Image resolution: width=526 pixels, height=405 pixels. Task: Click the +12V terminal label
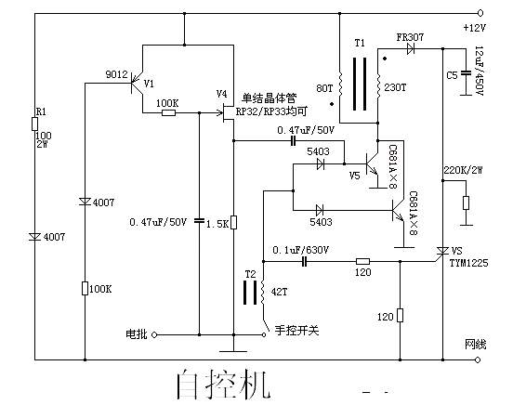[x=474, y=28]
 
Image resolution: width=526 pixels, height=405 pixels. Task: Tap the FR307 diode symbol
[x=410, y=49]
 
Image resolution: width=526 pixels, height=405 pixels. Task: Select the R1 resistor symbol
[x=34, y=124]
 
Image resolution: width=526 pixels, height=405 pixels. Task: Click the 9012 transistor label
[x=116, y=74]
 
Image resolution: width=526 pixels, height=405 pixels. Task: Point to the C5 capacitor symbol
[x=466, y=72]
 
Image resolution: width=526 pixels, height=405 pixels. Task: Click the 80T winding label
[x=324, y=88]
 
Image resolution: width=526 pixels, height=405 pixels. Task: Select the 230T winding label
[x=395, y=87]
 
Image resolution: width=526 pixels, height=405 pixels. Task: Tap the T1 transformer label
[x=360, y=43]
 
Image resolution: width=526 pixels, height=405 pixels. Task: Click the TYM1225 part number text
[x=468, y=263]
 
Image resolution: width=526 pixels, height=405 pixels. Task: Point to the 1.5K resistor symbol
[x=233, y=222]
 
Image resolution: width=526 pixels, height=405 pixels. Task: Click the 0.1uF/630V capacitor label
[x=300, y=250]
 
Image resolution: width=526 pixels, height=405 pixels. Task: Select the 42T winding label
[x=279, y=292]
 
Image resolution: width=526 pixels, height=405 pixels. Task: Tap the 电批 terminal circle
[x=154, y=334]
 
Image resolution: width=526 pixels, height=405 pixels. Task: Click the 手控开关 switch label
[x=296, y=331]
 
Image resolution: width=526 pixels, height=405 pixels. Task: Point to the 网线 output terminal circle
[x=478, y=359]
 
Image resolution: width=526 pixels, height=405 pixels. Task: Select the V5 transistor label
[x=354, y=176]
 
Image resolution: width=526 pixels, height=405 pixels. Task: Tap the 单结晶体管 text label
[x=270, y=98]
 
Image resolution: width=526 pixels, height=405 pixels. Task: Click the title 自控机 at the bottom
[x=223, y=385]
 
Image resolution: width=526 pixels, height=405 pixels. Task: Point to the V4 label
[x=221, y=94]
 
